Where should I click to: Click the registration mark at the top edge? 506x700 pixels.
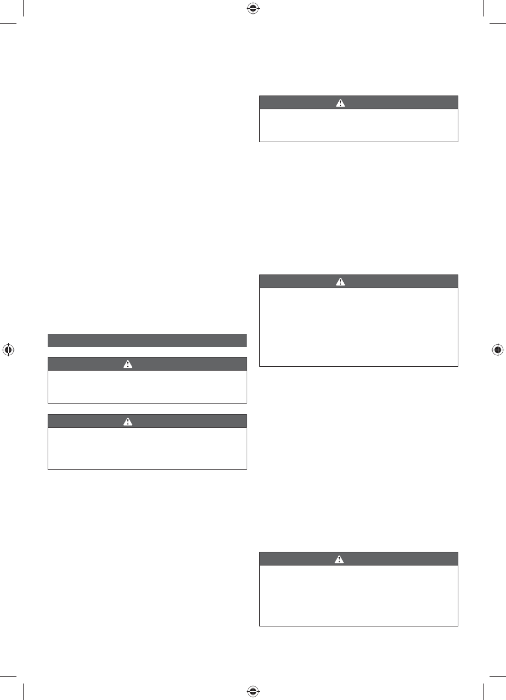pos(253,8)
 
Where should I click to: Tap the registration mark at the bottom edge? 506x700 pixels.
pos(253,692)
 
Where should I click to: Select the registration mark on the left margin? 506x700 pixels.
pos(8,350)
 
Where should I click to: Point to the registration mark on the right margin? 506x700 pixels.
pos(498,350)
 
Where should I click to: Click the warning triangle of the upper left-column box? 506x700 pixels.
pos(128,364)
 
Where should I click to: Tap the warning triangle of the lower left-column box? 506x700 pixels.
pos(128,421)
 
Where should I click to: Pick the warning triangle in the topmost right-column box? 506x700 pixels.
pos(340,103)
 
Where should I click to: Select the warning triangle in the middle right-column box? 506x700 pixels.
pos(340,282)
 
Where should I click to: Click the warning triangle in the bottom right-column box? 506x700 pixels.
pos(340,559)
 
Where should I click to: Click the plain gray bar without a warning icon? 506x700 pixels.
pos(147,340)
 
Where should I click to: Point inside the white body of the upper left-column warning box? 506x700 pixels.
pos(147,387)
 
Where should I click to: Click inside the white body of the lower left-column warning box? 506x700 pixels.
pos(147,448)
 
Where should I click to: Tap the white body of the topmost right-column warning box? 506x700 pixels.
pos(358,126)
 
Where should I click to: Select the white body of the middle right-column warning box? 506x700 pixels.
pos(358,327)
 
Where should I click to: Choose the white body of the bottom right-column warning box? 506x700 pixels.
pos(358,596)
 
